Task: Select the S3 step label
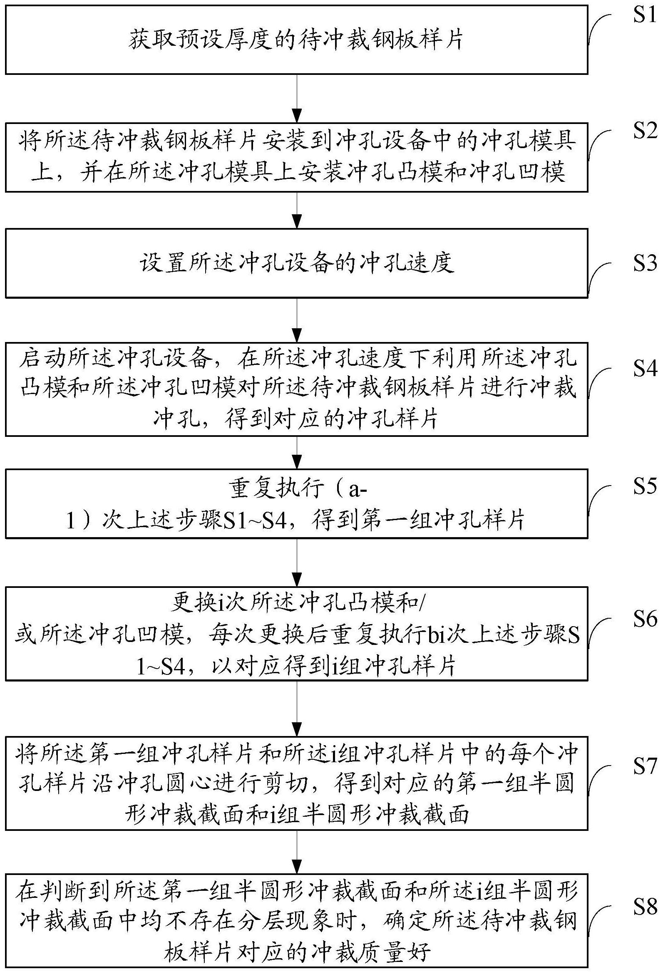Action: pos(644,263)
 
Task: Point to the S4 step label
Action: pos(644,369)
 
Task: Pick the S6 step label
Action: pos(644,619)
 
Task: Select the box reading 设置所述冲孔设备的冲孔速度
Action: pos(296,263)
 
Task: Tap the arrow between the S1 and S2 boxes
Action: pos(297,99)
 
